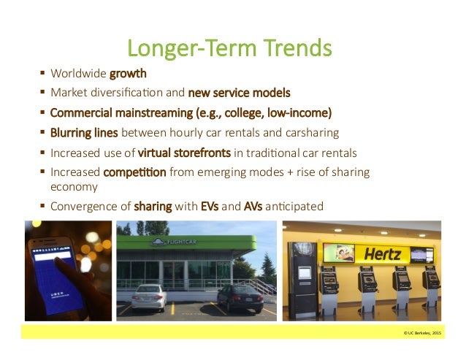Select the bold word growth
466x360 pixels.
[x=128, y=74]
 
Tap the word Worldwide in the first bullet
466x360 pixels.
[x=79, y=74]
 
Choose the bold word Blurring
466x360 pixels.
[x=72, y=133]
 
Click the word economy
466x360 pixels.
[x=73, y=186]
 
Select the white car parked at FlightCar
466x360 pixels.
[x=148, y=296]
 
